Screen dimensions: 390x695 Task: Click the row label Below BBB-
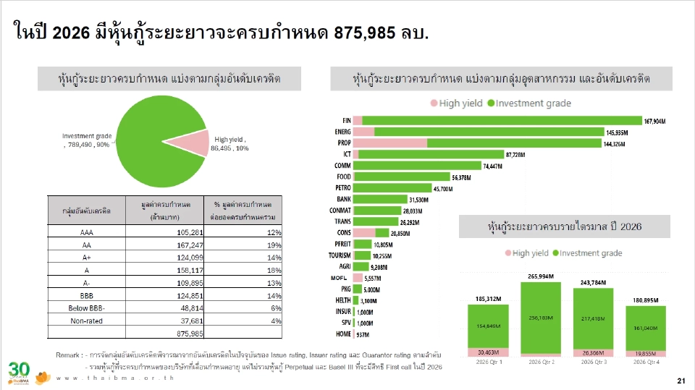pyautogui.click(x=85, y=308)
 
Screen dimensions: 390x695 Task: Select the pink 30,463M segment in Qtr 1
pyautogui.click(x=488, y=352)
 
